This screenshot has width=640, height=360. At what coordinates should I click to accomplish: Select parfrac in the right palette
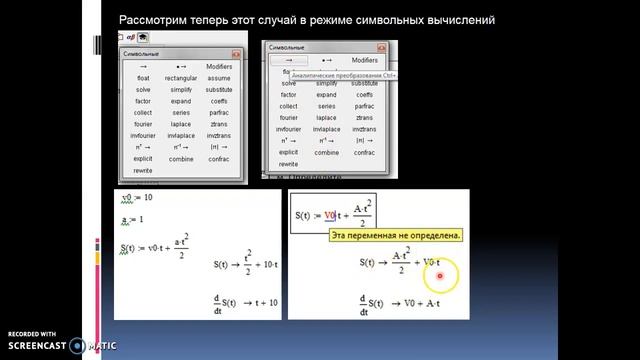tap(365, 106)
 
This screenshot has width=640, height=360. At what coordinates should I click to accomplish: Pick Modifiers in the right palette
tap(365, 60)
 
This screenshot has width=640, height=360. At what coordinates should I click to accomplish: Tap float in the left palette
tap(144, 78)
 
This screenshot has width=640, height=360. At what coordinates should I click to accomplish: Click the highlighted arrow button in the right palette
tap(289, 60)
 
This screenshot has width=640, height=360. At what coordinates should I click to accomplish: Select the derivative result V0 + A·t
tap(423, 301)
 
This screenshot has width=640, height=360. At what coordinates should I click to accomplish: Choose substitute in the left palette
tap(219, 89)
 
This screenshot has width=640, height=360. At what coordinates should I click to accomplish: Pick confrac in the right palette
tap(365, 152)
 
